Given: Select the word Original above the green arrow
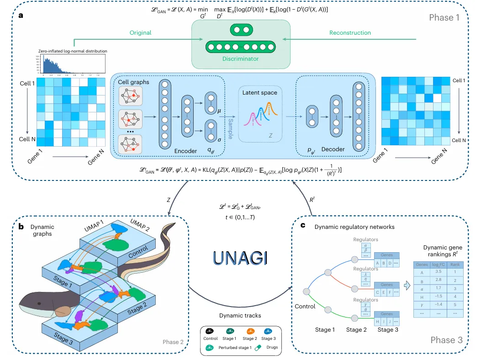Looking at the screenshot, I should click(140, 33).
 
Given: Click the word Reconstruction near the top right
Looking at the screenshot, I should click(350, 33).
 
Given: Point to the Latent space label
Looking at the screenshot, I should click(260, 93).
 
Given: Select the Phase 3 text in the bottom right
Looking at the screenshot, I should click(447, 339).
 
